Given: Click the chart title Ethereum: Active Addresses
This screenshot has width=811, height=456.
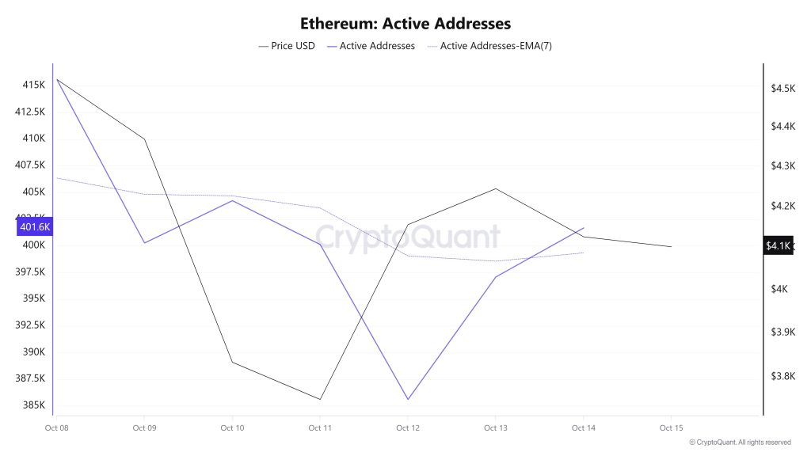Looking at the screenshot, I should coord(405,24).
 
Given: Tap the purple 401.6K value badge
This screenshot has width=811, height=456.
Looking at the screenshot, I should coord(35,227).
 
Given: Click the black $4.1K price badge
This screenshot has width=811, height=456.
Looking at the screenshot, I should coord(778,246).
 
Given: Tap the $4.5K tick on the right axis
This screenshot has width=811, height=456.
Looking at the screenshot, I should coord(782,88).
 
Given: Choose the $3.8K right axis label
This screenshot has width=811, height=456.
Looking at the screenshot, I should coord(782,376).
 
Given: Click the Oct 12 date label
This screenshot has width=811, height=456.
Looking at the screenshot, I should coord(407,428).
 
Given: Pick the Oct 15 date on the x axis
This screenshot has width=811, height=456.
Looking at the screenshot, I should coord(671,428).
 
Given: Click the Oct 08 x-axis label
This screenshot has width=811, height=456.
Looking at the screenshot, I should coord(55,428).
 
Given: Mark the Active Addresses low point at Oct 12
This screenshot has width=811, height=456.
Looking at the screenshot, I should coord(408,400).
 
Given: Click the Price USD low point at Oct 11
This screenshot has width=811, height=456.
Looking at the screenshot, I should coord(320,400).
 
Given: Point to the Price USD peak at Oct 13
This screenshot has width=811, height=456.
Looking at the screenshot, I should coord(496,188).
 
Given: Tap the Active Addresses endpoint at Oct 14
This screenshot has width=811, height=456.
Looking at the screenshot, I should coord(584,228).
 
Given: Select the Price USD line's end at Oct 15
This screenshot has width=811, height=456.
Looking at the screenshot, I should coord(671,247).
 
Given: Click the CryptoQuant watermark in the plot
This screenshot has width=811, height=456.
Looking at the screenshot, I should coord(408,237).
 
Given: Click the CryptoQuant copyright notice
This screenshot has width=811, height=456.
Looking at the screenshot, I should coord(740,443).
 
